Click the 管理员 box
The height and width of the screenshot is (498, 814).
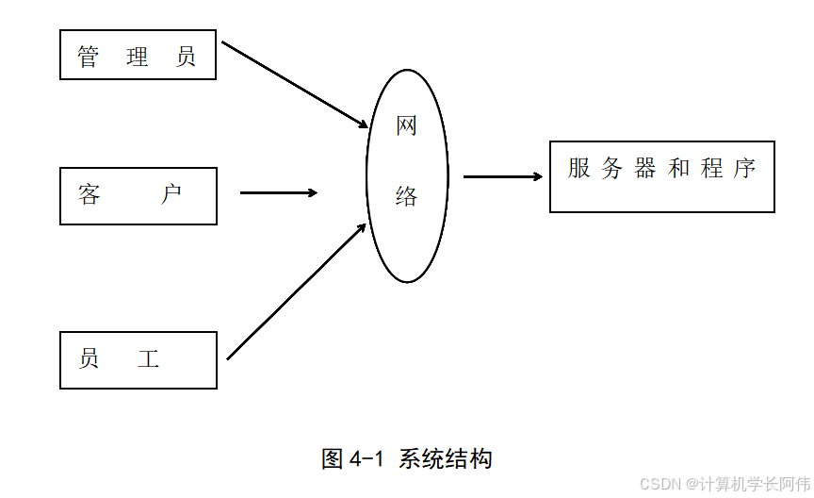click(138, 55)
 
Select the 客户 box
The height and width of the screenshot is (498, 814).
click(138, 196)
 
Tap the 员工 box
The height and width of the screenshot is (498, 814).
click(138, 359)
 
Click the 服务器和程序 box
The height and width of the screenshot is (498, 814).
click(661, 176)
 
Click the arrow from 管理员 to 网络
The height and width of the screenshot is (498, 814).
click(294, 85)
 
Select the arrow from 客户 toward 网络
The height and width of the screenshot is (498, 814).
click(279, 193)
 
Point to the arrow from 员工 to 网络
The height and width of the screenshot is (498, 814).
click(296, 291)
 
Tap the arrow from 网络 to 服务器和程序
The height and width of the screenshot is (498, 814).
click(502, 176)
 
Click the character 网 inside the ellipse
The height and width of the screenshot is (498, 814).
click(406, 126)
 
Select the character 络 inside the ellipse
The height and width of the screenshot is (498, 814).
click(406, 196)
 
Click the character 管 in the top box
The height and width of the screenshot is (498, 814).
click(89, 57)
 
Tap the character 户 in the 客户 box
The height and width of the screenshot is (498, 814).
click(171, 195)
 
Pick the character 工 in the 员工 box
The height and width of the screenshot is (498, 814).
click(148, 358)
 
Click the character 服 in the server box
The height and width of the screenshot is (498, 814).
click(578, 169)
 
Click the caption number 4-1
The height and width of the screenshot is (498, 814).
click(367, 459)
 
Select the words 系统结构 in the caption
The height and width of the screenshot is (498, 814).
click(445, 459)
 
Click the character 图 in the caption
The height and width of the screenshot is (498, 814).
click(332, 459)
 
